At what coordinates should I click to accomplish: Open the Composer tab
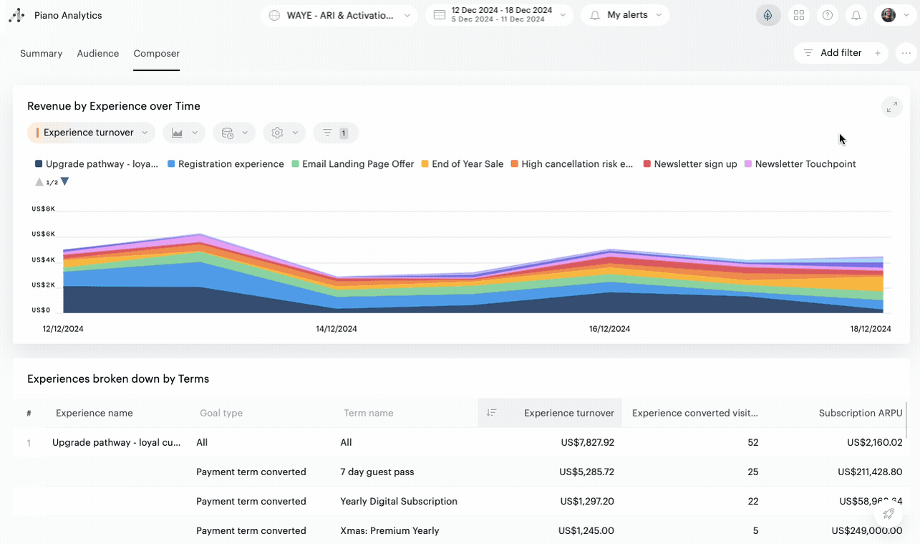(x=157, y=54)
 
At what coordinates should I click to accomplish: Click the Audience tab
(x=98, y=54)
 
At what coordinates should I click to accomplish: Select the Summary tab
(x=41, y=54)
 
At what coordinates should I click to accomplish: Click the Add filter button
(x=841, y=53)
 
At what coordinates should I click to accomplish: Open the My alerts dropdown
(x=625, y=15)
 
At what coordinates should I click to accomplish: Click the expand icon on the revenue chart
(x=891, y=108)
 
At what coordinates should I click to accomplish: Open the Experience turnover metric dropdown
(x=91, y=133)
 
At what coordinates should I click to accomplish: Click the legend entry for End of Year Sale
(x=463, y=164)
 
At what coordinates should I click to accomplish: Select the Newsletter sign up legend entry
(x=690, y=164)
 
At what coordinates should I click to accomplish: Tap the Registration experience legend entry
(x=226, y=164)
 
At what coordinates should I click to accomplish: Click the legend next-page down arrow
(x=65, y=182)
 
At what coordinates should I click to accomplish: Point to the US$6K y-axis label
(x=43, y=234)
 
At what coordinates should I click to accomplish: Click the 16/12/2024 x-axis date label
(x=609, y=329)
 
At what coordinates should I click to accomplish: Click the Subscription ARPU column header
(x=861, y=413)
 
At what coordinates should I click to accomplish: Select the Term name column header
(x=369, y=413)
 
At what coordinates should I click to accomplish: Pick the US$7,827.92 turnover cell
(x=587, y=442)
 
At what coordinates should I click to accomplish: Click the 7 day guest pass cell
(x=377, y=472)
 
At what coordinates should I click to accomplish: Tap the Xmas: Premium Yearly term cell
(x=389, y=530)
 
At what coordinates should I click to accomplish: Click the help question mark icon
(x=828, y=15)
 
